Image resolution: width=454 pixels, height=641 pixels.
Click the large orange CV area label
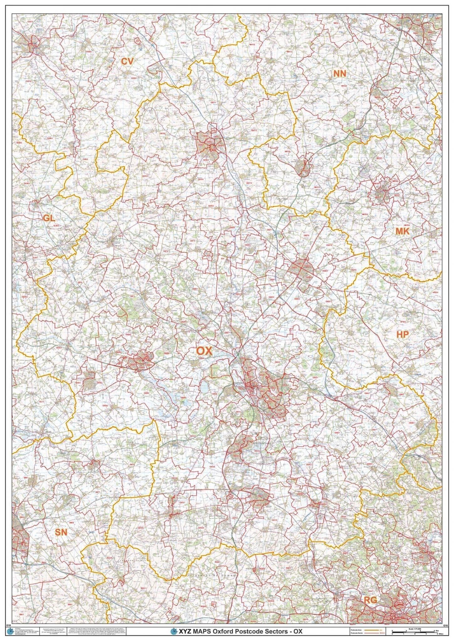(x=127, y=62)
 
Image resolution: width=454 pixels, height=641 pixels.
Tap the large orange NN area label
(x=340, y=74)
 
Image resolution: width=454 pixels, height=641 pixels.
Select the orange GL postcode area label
(x=49, y=218)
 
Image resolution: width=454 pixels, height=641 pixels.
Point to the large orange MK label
(x=402, y=231)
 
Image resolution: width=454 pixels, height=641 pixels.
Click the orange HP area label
(x=402, y=335)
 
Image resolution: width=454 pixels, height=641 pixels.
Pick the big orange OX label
(x=204, y=351)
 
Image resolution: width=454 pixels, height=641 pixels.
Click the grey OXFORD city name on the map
(x=239, y=383)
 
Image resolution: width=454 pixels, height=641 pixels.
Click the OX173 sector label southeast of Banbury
(x=249, y=183)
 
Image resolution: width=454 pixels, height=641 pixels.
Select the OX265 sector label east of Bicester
(x=325, y=271)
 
